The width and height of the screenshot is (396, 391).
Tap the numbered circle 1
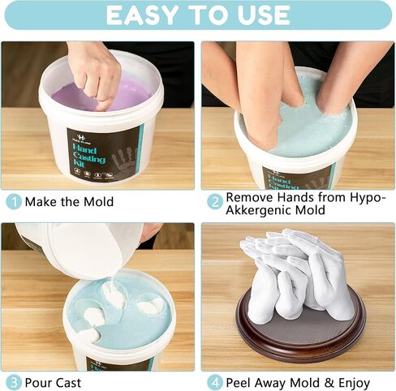tap(14, 201)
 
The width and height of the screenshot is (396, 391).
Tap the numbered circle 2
tap(214, 201)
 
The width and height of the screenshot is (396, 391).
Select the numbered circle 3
tap(14, 382)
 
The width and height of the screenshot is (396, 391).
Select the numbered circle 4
tap(214, 382)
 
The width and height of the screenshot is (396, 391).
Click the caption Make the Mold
tap(69, 201)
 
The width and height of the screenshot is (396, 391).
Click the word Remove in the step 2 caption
tap(249, 197)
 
